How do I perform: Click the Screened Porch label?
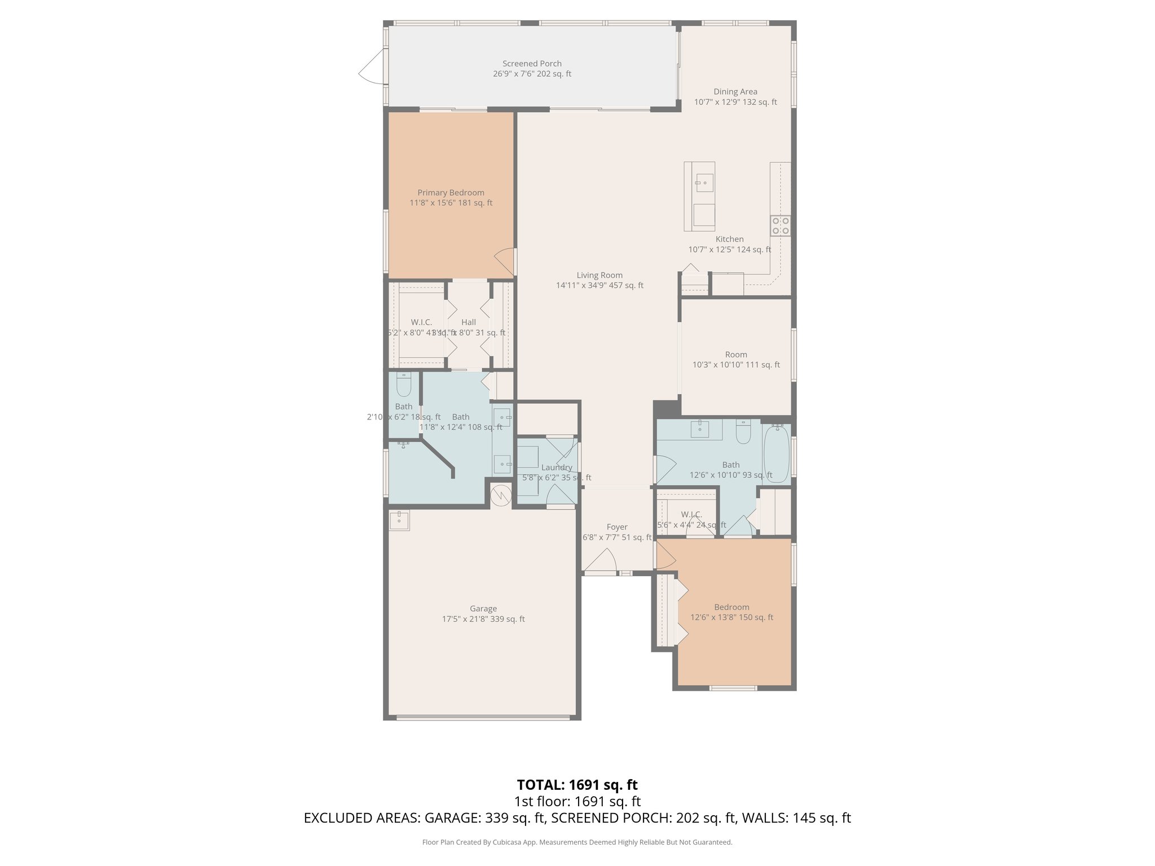532,64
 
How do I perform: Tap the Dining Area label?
735,92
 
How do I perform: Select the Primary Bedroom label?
451,193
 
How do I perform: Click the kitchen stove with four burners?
781,226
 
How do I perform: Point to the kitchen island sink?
704,183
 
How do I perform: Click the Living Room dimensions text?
599,285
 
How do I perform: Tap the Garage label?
483,609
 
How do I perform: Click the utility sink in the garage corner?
399,520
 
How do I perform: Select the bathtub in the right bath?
777,454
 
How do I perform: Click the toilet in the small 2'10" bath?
404,385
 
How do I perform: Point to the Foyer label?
617,527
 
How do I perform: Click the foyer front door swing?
600,561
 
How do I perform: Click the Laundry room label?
557,467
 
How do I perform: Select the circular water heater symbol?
500,496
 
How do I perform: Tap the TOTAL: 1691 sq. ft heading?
577,785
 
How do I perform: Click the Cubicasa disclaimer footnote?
577,842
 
